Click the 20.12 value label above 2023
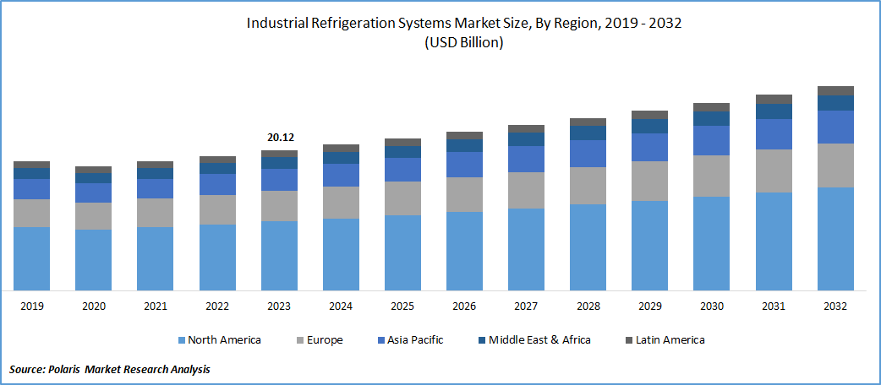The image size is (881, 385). pos(279,138)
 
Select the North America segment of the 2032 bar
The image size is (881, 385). pos(835,239)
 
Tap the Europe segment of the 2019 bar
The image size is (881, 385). pos(31,213)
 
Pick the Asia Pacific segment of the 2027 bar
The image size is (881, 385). pos(526,159)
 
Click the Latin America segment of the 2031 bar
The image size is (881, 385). pos(774,99)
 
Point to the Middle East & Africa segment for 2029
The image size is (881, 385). pos(649,126)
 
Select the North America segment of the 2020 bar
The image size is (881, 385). pos(93,260)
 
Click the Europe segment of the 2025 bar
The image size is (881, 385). pos(402,198)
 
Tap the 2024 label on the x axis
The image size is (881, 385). pos(341,306)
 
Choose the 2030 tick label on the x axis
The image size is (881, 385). pos(712,306)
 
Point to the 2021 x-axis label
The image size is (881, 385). pos(155,306)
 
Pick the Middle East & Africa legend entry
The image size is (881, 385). pos(532,339)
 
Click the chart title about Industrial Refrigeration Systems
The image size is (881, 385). pos(463,23)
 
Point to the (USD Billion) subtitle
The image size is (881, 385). pos(463,43)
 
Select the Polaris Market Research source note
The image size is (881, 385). pos(110,369)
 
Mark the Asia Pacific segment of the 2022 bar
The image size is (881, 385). pos(216,184)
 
